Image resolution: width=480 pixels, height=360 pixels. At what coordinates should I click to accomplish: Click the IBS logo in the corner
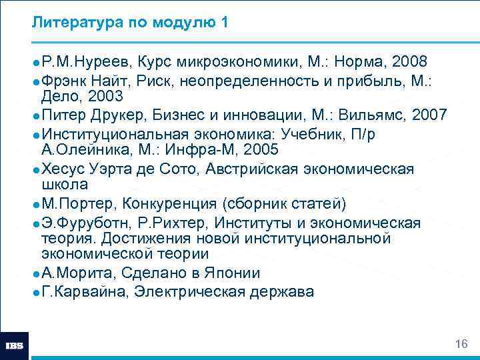pyautogui.click(x=15, y=346)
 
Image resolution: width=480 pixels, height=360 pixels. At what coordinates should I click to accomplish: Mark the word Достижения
pyautogui.click(x=131, y=238)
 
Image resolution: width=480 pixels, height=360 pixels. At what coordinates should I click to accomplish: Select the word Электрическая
pyautogui.click(x=191, y=291)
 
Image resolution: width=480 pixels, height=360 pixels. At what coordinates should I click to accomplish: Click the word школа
pyautogui.click(x=65, y=184)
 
